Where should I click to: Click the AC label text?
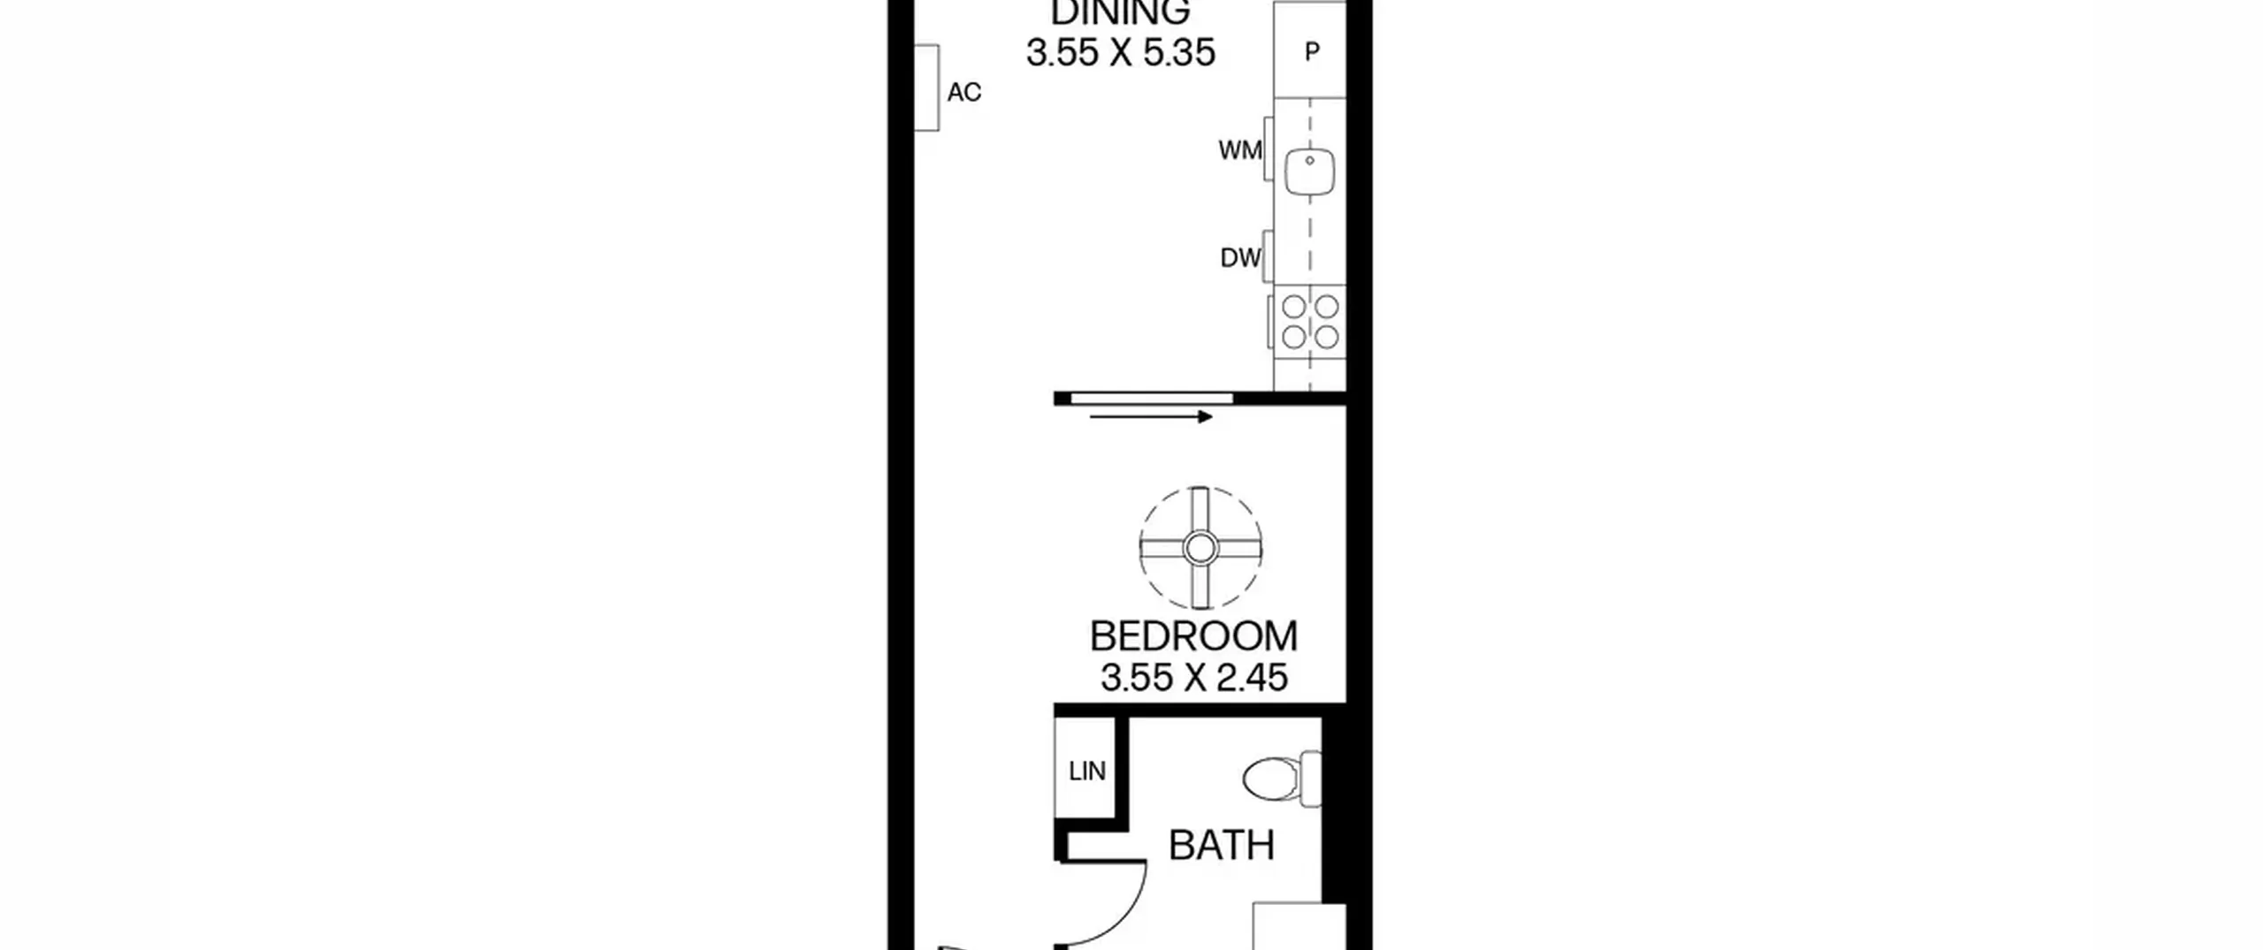964,92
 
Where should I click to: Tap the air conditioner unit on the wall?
926,87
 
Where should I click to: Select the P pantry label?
1312,52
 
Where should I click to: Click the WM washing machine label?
1239,150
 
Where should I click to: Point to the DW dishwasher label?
1240,258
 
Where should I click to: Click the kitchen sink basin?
1309,171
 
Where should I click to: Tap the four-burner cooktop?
1310,321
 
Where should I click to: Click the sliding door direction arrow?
1151,416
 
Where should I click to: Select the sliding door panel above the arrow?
1152,399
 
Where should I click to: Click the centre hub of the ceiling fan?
1200,549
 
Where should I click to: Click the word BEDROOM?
1193,636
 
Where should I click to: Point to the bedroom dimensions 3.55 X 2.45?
1193,678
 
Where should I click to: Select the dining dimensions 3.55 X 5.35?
1120,52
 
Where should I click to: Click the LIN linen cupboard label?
1086,771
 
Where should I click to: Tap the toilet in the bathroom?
1282,779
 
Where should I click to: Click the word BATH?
1222,846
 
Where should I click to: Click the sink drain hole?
1309,161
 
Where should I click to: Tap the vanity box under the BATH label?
1299,926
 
